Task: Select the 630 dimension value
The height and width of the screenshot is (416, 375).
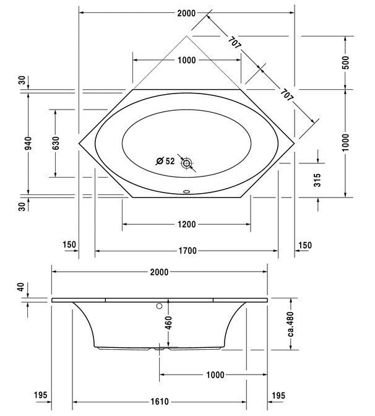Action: [55, 144]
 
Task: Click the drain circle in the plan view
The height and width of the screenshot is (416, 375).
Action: [186, 163]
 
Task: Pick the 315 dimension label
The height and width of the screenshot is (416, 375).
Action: [317, 181]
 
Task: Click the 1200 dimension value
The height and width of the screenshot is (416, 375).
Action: [186, 223]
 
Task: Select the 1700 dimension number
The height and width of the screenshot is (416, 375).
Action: [186, 251]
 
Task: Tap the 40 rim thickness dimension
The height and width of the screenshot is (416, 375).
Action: [21, 287]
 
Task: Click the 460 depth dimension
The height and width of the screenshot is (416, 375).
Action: [168, 323]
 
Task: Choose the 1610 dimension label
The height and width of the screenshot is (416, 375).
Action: [160, 401]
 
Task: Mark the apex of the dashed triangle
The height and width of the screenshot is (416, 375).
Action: [186, 36]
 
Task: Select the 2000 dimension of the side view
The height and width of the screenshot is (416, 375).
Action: [160, 272]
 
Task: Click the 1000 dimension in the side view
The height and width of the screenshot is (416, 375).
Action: [213, 375]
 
